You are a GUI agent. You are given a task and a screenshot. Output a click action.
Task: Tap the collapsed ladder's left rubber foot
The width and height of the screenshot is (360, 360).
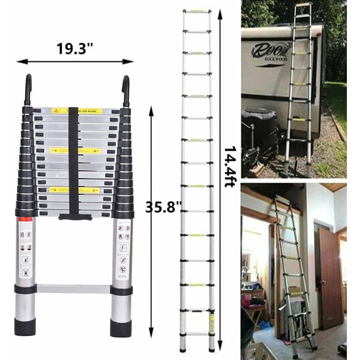pos(25,327)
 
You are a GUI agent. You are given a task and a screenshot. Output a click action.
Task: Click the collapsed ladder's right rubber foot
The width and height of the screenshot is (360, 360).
pos(121,327)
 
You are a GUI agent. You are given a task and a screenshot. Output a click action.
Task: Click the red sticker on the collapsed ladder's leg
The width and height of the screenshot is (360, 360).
pos(26,220)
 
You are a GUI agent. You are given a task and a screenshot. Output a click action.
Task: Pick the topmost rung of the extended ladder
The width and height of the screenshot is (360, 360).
pos(197,11)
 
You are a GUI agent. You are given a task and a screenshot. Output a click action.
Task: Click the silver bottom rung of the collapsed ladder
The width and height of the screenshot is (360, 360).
pos(73,289)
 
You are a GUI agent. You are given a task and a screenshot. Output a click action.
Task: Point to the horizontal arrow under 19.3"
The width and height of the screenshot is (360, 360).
pos(74,61)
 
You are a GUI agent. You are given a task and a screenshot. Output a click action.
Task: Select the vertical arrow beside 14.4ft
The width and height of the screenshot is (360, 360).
pos(220,175)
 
